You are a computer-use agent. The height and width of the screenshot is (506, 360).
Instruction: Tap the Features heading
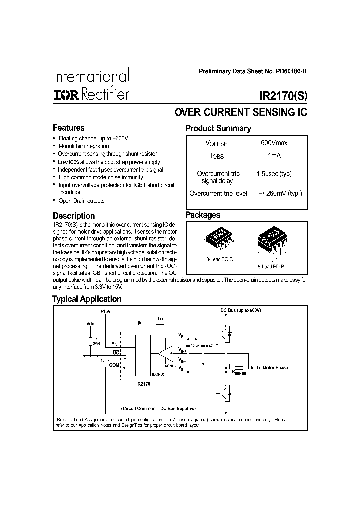click(69, 128)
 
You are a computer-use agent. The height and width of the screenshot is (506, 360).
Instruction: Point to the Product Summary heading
click(218, 128)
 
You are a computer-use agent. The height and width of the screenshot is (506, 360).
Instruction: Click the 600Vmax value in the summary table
click(274, 143)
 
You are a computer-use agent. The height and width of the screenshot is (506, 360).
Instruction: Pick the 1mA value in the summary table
click(274, 156)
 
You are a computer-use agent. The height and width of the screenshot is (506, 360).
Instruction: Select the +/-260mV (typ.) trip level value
click(280, 193)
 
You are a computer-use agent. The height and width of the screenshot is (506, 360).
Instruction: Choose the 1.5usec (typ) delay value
click(274, 174)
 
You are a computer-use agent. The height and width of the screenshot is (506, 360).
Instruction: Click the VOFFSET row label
click(218, 143)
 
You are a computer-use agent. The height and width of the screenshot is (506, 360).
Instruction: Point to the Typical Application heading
click(87, 299)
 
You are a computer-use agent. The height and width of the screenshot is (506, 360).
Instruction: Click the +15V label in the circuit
click(105, 312)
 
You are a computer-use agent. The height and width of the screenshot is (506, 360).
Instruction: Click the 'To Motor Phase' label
click(272, 368)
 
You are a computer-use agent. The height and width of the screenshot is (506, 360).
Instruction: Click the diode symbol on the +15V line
click(139, 323)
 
